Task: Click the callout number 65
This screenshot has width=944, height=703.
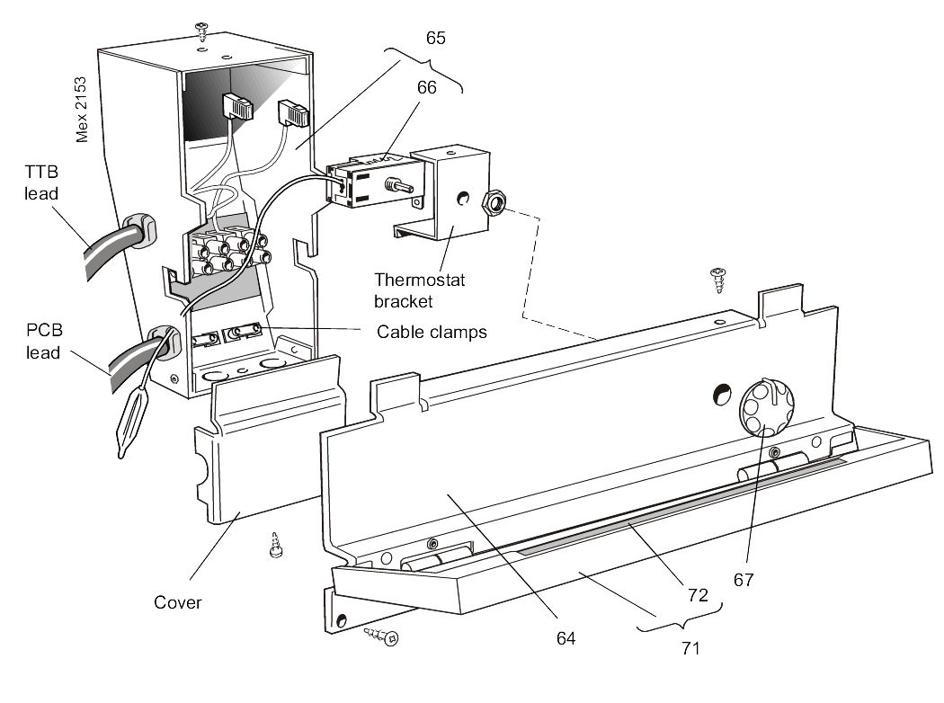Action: [436, 39]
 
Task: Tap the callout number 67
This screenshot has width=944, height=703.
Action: [743, 580]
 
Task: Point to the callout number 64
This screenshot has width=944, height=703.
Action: [566, 639]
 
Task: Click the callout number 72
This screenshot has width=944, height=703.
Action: [697, 594]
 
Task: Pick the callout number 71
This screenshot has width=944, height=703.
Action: [690, 648]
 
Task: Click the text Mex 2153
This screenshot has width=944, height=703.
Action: [81, 109]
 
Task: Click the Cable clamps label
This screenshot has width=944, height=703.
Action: [432, 332]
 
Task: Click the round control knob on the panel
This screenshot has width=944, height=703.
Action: [762, 405]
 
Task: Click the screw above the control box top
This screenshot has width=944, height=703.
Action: [202, 31]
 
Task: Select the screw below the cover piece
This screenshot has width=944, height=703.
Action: [277, 546]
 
